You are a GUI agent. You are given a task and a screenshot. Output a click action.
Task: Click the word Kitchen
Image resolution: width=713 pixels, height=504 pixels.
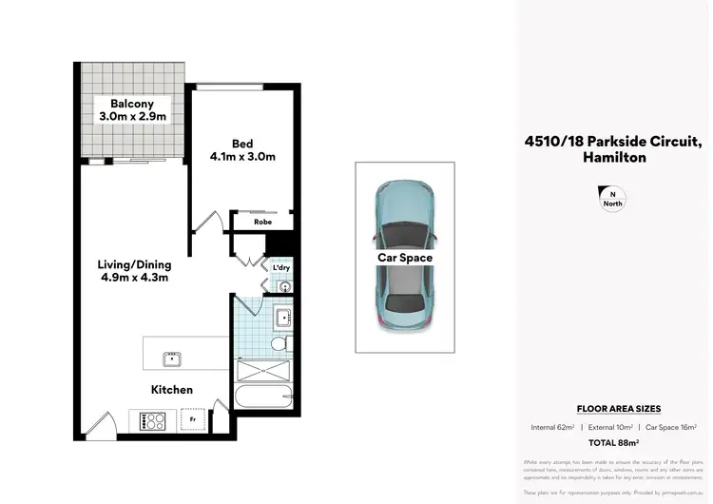171,390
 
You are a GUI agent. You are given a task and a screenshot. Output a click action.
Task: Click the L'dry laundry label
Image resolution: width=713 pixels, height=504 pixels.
280,267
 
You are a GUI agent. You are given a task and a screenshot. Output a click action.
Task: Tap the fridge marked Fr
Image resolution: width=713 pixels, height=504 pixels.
193,418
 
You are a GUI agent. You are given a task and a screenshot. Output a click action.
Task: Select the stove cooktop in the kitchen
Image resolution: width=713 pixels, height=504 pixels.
154,419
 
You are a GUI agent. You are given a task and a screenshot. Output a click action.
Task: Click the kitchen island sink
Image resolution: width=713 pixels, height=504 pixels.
172,359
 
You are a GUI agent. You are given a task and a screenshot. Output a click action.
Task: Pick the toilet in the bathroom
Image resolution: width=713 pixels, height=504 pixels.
280,343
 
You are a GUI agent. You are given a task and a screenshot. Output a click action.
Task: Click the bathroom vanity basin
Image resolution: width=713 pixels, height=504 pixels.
281,317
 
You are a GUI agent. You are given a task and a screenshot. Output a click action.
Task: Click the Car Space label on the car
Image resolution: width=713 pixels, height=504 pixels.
406,258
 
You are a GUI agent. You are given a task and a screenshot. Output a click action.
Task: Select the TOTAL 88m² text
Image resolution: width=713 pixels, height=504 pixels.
613,443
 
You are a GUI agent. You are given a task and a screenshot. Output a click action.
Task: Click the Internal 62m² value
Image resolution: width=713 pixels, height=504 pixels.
551,427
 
